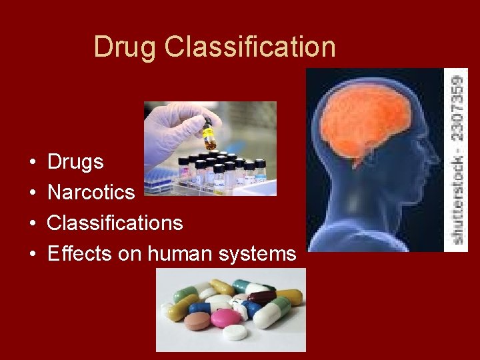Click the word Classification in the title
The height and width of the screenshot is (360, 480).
pos(250,47)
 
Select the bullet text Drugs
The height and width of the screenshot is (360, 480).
pos(75,162)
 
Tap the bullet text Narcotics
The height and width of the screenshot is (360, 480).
pos(91,193)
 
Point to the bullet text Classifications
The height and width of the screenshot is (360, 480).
pos(115,223)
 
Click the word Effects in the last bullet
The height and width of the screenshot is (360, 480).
pos(80,253)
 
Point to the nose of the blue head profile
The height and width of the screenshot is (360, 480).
pos(313,167)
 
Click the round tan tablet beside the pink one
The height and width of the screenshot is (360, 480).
pos(197,322)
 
